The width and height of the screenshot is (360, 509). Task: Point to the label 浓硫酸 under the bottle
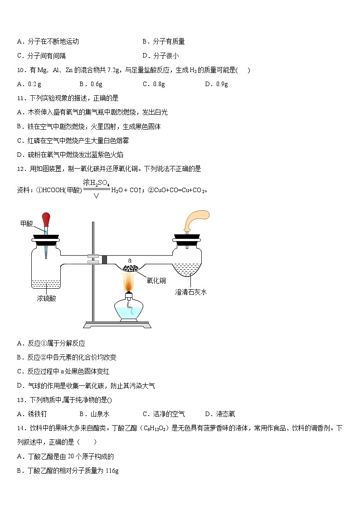pos(46,298)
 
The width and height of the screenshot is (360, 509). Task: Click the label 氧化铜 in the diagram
pos(156,280)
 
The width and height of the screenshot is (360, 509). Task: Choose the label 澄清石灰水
pos(191,292)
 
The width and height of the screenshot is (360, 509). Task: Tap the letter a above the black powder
pos(130,260)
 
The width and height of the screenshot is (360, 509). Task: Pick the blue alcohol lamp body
pos(129,310)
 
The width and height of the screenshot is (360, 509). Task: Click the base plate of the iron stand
pos(117,325)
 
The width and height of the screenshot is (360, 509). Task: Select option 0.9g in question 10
pos(216,84)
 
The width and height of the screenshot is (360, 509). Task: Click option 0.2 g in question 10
pos(29,84)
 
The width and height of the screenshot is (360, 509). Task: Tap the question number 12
pos(20,169)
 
